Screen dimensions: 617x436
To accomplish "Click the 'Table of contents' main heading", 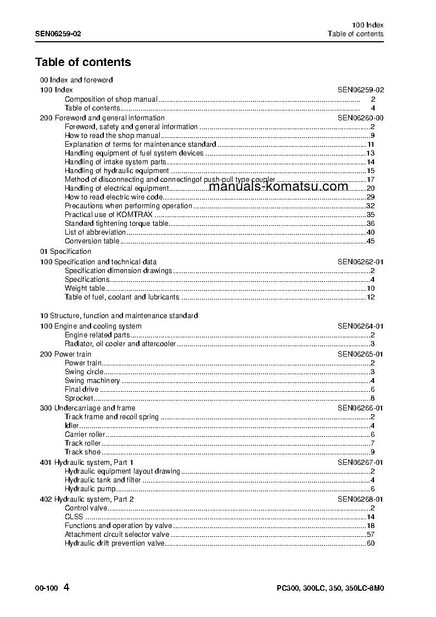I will [83, 62].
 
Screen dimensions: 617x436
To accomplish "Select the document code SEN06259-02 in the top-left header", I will [58, 34].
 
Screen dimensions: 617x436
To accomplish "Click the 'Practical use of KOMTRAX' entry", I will [108, 215].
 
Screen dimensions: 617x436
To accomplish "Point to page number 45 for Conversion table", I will [370, 241].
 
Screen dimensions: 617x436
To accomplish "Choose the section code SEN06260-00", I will [360, 118].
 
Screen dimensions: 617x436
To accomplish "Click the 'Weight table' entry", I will [85, 288].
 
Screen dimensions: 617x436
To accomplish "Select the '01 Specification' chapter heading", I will [65, 252].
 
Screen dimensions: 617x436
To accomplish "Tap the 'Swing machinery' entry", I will [92, 381].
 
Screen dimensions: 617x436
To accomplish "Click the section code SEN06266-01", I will [360, 408].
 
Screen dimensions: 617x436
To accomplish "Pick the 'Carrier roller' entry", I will [85, 435].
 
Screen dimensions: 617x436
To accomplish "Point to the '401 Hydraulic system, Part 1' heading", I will [86, 463].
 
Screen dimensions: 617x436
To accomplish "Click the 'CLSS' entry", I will [74, 517].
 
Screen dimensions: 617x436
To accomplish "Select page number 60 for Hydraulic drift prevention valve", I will [370, 543].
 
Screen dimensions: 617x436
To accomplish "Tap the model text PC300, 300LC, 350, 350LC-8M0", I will [330, 588].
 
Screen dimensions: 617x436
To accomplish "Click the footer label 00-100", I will [46, 588].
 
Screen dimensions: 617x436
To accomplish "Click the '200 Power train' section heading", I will [65, 354].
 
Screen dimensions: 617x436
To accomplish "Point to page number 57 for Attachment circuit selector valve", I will [370, 535].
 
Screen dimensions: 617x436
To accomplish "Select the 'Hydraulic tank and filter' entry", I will [102, 480].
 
